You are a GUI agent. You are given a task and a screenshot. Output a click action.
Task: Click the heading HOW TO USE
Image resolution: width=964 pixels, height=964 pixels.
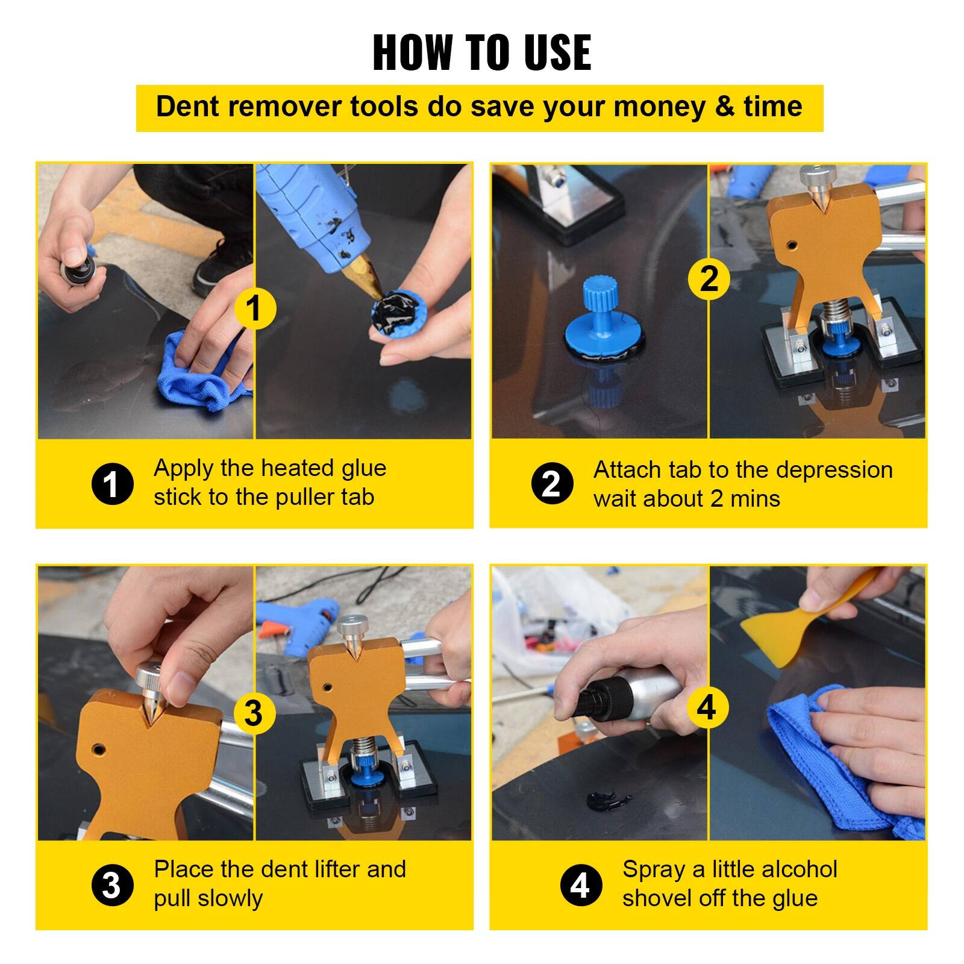click(481, 53)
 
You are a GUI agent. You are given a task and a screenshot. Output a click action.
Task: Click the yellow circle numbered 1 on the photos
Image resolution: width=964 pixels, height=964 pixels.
click(254, 308)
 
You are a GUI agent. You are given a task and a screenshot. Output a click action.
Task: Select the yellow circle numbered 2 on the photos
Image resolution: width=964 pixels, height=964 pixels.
click(709, 279)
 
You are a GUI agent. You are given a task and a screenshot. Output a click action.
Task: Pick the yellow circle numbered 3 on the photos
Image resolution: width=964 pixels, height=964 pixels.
click(254, 713)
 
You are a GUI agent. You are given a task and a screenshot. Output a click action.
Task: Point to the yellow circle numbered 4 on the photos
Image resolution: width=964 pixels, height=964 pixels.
click(707, 707)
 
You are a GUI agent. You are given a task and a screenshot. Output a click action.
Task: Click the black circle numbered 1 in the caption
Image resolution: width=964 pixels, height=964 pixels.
click(112, 484)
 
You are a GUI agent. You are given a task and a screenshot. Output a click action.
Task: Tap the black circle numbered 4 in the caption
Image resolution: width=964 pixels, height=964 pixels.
click(581, 886)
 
